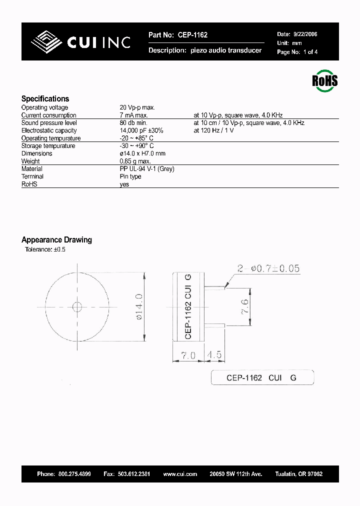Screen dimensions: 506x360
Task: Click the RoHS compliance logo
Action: (x=325, y=81)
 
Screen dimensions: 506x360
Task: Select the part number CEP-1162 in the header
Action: (x=192, y=35)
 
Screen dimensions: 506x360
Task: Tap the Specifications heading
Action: (x=45, y=98)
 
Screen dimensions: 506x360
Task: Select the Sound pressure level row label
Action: (x=49, y=123)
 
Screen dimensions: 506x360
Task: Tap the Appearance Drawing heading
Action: (x=56, y=240)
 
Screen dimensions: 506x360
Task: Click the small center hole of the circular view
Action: (x=77, y=306)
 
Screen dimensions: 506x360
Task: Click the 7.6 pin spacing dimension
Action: (x=244, y=306)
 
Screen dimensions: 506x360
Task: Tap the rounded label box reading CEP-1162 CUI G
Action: (x=262, y=377)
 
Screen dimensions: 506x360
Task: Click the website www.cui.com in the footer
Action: (x=180, y=473)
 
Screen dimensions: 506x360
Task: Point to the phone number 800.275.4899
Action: (x=74, y=473)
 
